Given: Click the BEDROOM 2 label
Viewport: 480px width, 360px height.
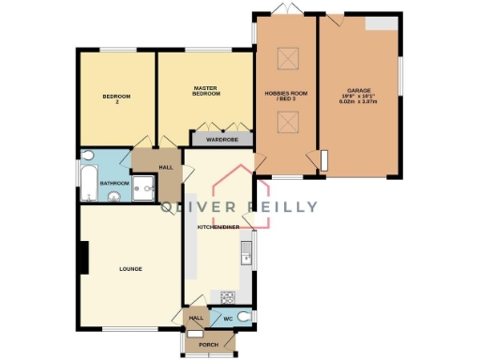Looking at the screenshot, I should coord(116,97).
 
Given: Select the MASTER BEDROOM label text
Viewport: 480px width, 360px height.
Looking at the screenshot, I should coord(205,91).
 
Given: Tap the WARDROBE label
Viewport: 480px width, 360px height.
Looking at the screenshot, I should coord(222,140).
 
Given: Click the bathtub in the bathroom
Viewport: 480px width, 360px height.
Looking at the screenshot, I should coord(87,181).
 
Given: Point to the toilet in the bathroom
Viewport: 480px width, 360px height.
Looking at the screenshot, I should coord(86,155).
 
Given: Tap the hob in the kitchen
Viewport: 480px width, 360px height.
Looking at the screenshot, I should coord(227,297).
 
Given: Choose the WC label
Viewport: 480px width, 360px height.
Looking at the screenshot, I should coord(227,319).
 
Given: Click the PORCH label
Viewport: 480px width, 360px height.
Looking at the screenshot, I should coord(208,344).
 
